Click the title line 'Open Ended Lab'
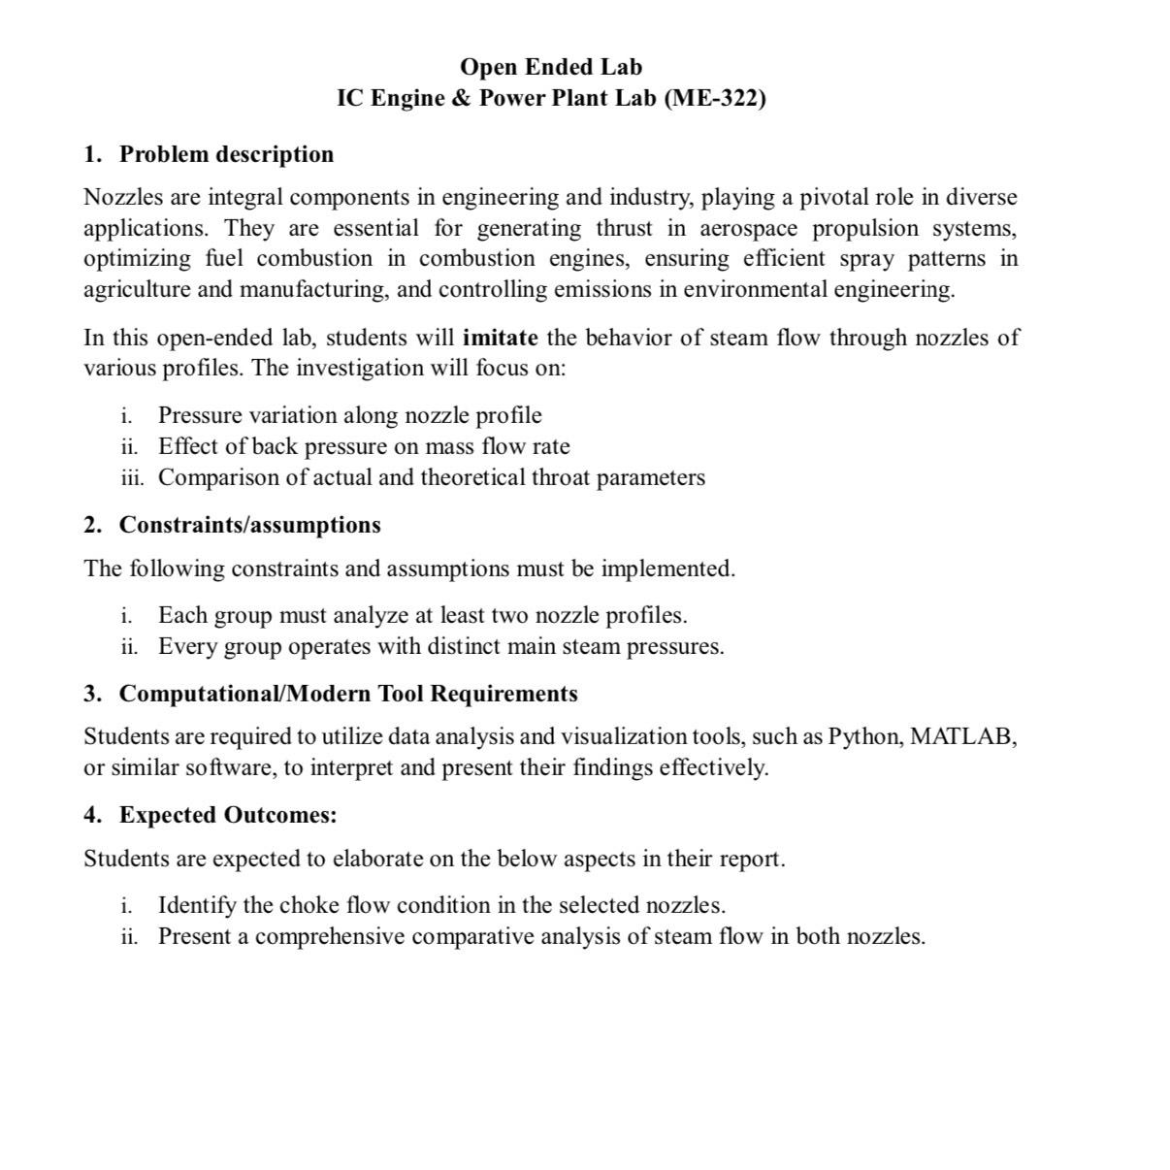tap(550, 67)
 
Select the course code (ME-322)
tap(715, 98)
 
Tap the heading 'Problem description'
tap(226, 154)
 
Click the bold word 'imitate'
tap(500, 338)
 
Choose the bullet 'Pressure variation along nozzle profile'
tap(349, 415)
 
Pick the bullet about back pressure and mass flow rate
tap(364, 446)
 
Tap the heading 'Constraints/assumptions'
tap(249, 525)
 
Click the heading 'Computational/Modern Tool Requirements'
tap(347, 694)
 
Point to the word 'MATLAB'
tap(962, 736)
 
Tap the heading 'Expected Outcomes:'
tap(228, 815)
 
